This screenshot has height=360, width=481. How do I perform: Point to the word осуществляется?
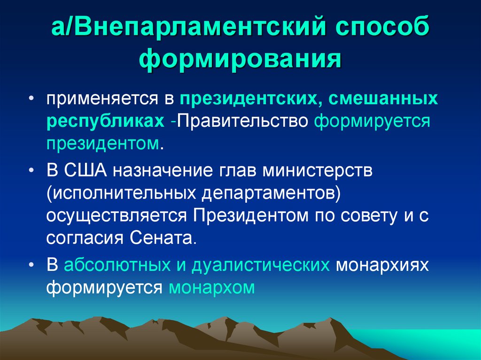[x=118, y=215]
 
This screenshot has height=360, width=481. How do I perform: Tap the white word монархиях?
[x=383, y=266]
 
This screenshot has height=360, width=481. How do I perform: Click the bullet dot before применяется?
[x=31, y=100]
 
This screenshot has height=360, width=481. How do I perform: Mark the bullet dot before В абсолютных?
[x=31, y=266]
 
